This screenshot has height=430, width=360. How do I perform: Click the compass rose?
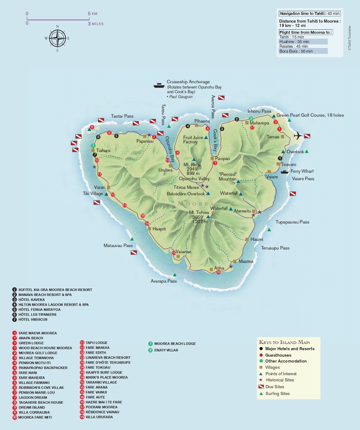point(58,38)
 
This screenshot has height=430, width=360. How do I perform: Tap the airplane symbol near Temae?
point(297,136)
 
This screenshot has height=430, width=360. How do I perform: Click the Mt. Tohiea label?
point(199,212)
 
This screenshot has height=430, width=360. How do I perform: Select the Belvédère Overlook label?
point(186,194)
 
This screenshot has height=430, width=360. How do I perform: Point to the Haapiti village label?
point(159,229)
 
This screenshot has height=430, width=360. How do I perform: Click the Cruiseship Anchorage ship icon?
point(159,85)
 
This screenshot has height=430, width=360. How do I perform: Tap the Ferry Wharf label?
point(302,171)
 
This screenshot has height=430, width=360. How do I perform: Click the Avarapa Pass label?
point(163,281)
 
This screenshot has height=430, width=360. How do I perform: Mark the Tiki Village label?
point(93,193)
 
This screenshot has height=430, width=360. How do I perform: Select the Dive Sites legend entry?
point(275,387)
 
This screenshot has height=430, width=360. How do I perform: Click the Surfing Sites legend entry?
point(277,393)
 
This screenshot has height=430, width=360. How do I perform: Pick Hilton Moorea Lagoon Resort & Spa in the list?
point(53,305)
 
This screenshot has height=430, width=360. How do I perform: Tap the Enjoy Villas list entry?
point(166,350)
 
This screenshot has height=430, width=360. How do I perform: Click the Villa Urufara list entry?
point(99,417)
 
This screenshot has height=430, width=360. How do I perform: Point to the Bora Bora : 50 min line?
point(296,51)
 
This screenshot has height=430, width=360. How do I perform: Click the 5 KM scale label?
point(92,14)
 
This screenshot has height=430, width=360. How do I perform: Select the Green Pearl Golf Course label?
point(310,115)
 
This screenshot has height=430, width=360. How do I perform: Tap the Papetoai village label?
point(145,141)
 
